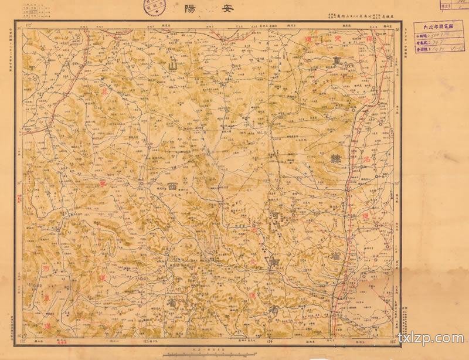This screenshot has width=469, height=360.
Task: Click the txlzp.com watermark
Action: click(430, 338)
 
